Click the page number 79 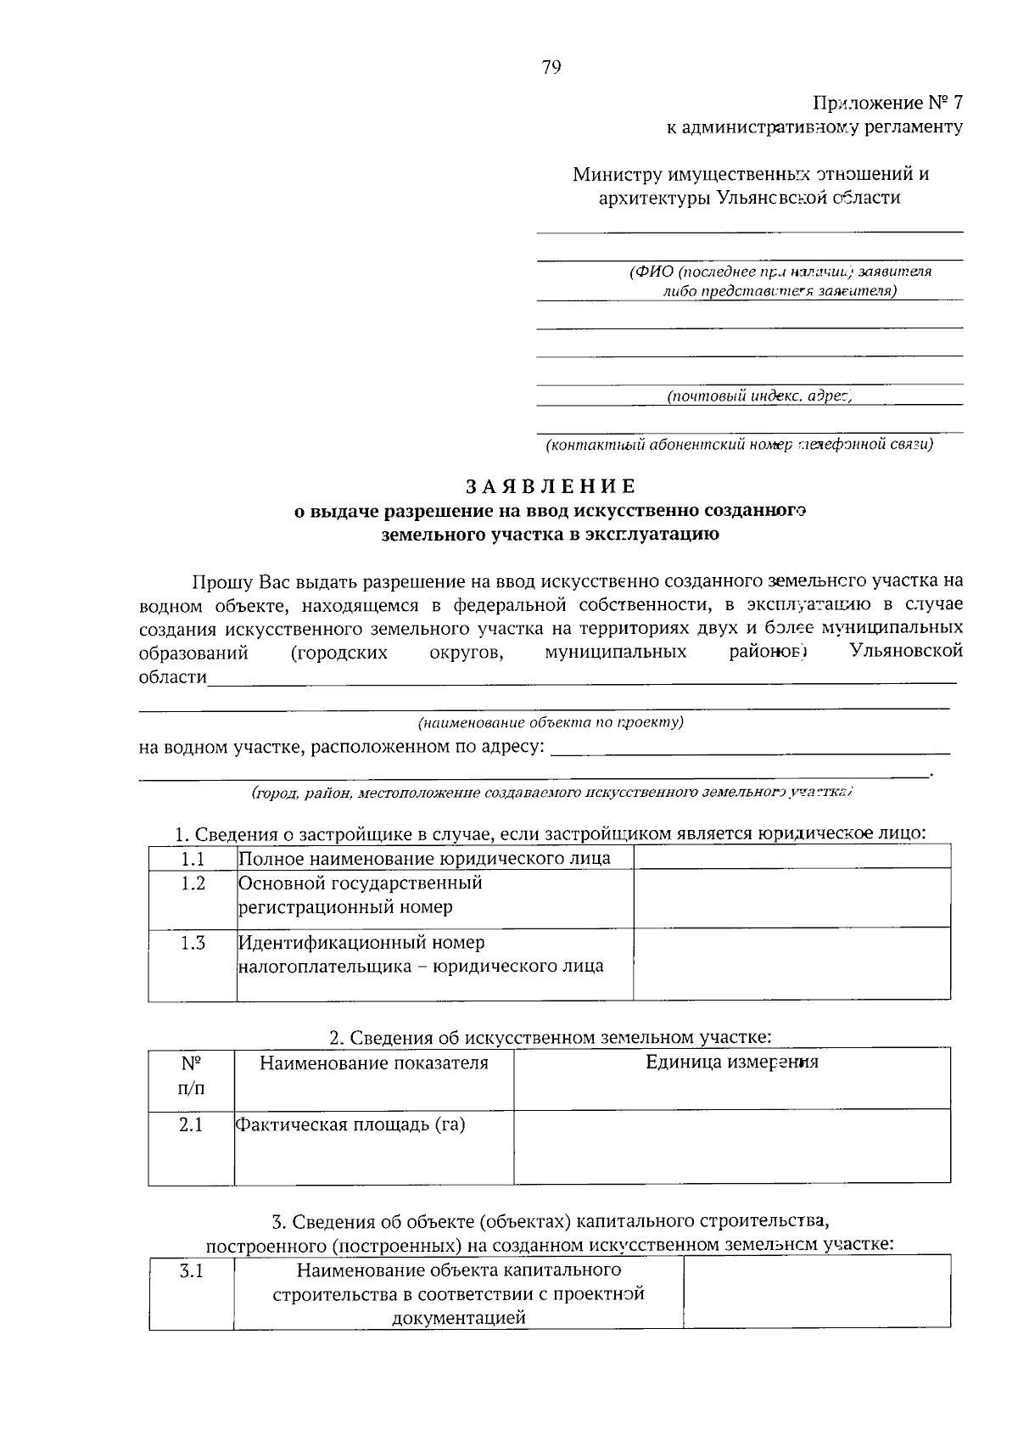point(551,69)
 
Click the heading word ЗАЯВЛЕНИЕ point(551,486)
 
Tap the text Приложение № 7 point(888,104)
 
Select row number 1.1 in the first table point(193,858)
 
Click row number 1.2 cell point(193,883)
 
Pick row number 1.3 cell point(193,943)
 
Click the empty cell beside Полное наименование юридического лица point(791,857)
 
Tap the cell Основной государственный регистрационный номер point(434,896)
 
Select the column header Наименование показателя point(373,1063)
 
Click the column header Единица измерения point(731,1062)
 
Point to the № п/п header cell point(191,1075)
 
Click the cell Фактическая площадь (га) point(373,1126)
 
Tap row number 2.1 point(191,1126)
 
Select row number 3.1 point(192,1271)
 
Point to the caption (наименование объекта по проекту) point(551,723)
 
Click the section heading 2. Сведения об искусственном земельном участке point(551,1037)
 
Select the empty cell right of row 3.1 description point(816,1292)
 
